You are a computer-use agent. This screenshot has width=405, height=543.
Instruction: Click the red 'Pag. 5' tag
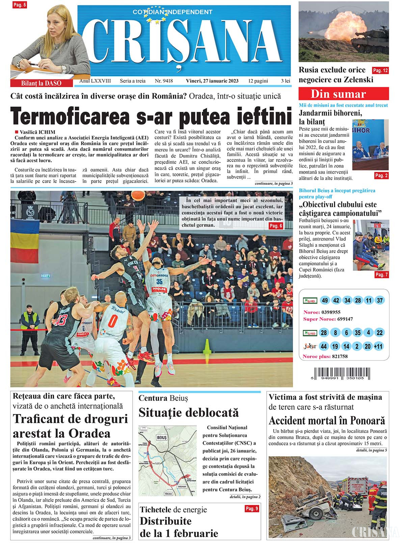(19, 5)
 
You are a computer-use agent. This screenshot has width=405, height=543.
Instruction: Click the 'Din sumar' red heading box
(343, 94)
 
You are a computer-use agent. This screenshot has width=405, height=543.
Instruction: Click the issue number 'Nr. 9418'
(164, 81)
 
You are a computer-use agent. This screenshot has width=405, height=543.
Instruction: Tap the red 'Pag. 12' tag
(380, 71)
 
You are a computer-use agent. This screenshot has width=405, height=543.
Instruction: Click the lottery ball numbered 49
(325, 301)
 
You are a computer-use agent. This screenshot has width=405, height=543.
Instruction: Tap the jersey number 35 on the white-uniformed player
(159, 282)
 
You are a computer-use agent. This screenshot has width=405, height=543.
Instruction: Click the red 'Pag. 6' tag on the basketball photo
(275, 226)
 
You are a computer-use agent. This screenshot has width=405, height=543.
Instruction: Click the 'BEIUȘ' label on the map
(162, 438)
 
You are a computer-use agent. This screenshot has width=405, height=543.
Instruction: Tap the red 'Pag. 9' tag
(252, 509)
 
